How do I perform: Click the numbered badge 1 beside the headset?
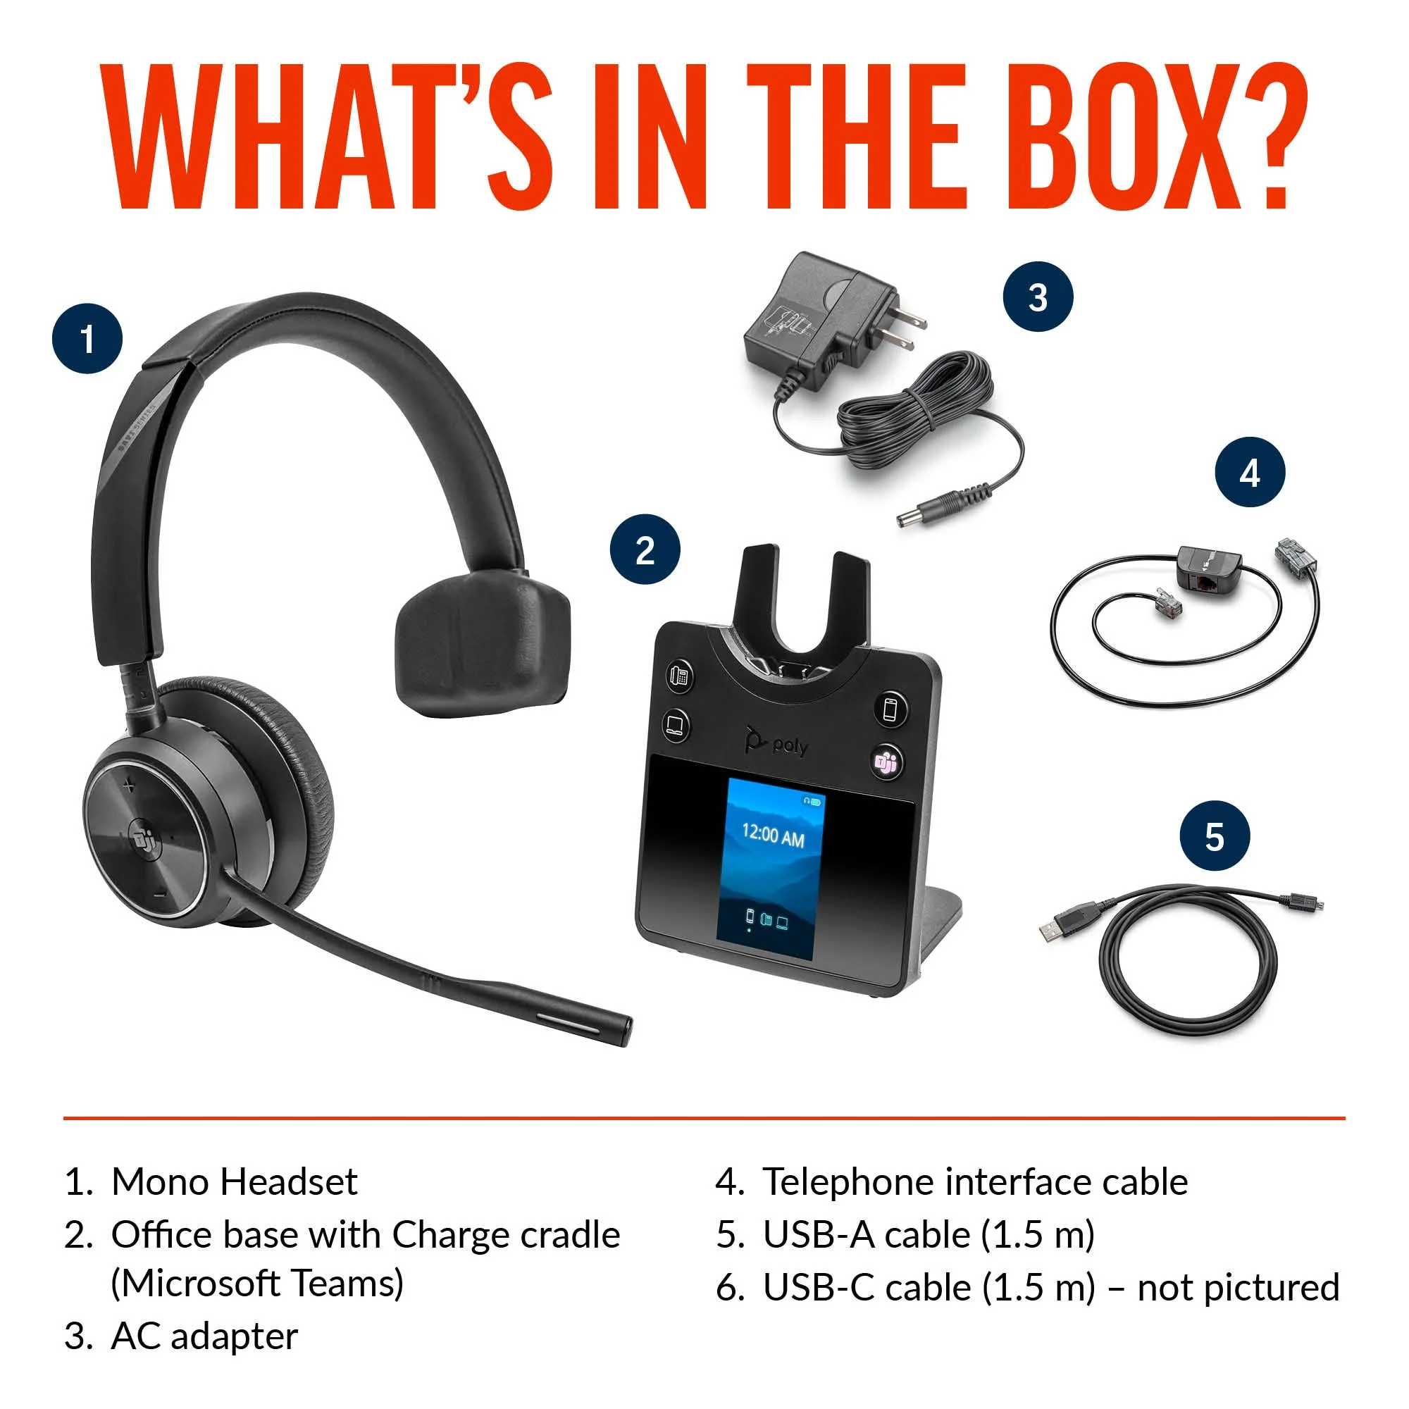[87, 339]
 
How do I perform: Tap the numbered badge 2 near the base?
[645, 550]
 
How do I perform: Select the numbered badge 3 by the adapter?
[1038, 297]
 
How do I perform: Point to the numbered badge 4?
[1250, 473]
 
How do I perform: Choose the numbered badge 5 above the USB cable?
[1215, 836]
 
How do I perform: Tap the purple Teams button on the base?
[887, 762]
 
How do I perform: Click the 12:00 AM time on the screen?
[773, 836]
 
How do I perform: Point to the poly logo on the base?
[776, 742]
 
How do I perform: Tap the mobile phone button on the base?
[890, 708]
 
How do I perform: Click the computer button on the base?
[676, 724]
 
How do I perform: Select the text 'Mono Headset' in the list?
[234, 1182]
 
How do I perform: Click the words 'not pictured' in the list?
[1239, 1287]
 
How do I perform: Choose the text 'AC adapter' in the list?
[204, 1336]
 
